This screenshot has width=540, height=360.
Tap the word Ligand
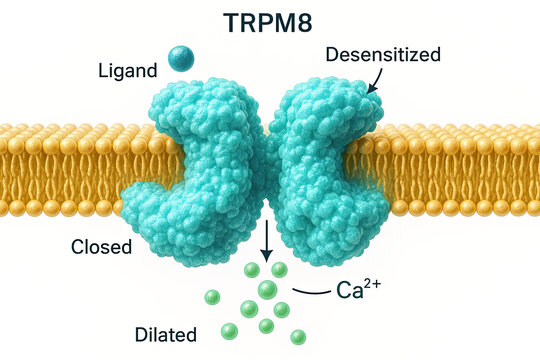point(128,72)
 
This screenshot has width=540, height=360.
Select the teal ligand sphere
point(181,59)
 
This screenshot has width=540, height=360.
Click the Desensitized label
point(382,55)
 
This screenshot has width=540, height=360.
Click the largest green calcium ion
point(267,290)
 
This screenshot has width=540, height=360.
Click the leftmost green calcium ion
point(211,297)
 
